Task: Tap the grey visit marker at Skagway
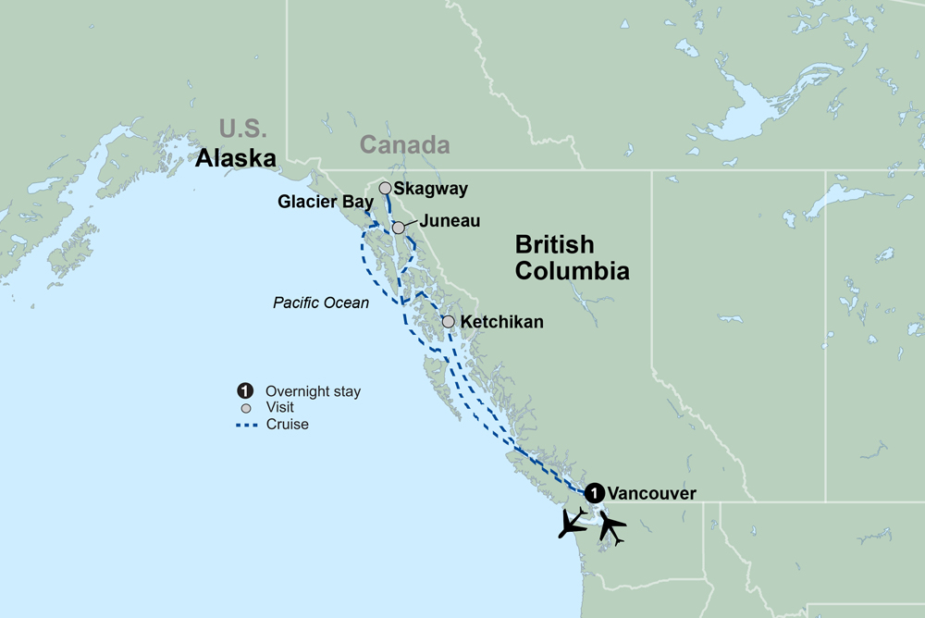[385, 188]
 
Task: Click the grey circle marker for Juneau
[398, 228]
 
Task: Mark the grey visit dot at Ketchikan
[449, 322]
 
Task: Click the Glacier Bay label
[326, 203]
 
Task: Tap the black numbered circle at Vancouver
[596, 492]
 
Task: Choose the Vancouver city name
[653, 493]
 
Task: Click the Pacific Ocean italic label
[321, 303]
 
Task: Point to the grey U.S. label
[242, 128]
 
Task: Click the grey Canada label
[404, 145]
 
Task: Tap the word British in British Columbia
[554, 245]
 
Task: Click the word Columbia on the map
[572, 271]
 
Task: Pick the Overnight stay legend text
[313, 391]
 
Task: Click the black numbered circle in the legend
[245, 391]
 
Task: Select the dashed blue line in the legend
[245, 425]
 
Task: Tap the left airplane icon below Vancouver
[573, 522]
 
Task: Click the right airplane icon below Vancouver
[610, 526]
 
